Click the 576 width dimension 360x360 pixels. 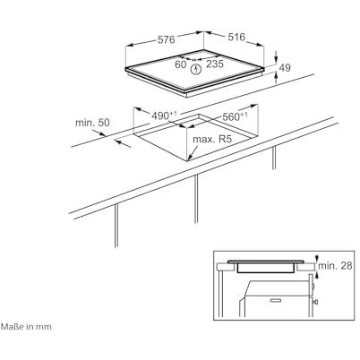(166, 39)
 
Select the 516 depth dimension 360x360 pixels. (236, 37)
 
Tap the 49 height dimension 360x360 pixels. (285, 68)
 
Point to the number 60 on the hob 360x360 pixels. (181, 64)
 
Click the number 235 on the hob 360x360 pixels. (215, 64)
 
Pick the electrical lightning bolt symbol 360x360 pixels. (196, 70)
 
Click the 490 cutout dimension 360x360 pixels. (164, 116)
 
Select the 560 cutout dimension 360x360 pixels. (235, 116)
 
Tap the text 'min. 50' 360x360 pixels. (92, 123)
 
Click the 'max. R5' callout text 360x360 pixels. (212, 139)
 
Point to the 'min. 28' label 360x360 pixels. (335, 266)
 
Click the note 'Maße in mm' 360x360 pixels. (26, 327)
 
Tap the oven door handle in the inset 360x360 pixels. (278, 300)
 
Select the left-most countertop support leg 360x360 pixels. (116, 226)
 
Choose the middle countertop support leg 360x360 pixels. (196, 199)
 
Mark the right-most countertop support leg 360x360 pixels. (274, 159)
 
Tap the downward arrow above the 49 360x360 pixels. (276, 56)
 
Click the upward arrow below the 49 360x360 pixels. (276, 78)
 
